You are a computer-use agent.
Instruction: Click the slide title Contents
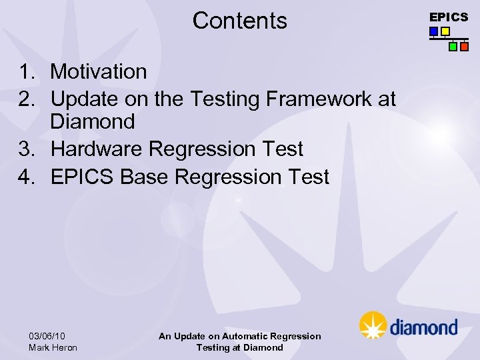(x=239, y=21)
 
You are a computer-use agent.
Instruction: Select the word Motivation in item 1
(x=99, y=71)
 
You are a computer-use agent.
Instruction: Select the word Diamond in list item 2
(x=93, y=122)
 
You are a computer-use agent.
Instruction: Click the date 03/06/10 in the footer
(x=47, y=336)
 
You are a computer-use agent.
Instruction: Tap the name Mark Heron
(x=53, y=347)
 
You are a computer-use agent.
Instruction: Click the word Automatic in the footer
(x=247, y=337)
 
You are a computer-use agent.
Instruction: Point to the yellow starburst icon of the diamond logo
(x=373, y=325)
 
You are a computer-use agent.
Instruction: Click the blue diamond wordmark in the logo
(x=423, y=327)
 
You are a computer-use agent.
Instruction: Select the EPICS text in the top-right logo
(x=449, y=17)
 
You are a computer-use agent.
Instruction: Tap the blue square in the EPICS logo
(x=434, y=31)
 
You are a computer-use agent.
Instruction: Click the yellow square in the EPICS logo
(x=445, y=31)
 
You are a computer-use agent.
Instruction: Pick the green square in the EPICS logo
(x=453, y=47)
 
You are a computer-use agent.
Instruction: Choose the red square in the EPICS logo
(x=464, y=47)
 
